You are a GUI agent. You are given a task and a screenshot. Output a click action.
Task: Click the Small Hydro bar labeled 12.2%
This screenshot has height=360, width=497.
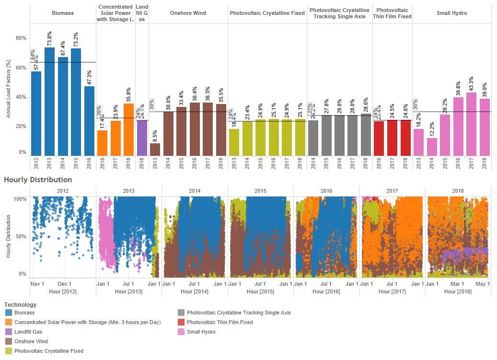432,146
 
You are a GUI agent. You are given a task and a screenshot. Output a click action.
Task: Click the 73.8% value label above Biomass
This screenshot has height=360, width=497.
49,38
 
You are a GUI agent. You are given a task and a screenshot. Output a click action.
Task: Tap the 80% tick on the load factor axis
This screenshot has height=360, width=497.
21,38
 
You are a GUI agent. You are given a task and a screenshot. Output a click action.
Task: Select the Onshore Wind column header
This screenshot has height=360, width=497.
188,13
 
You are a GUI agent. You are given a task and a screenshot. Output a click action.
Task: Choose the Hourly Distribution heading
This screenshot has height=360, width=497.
38,180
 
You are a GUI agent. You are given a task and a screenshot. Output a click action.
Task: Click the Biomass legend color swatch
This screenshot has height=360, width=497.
8,313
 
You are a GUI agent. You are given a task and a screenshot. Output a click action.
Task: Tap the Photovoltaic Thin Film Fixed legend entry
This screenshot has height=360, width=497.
220,322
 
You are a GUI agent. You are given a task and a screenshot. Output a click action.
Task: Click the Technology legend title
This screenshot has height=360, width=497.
20,304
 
